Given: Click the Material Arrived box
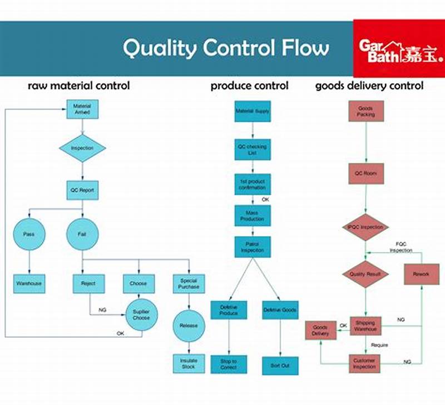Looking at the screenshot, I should coord(82,109).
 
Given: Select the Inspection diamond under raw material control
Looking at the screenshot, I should coord(82,148).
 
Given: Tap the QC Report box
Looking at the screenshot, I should coord(82,190).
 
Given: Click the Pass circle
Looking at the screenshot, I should coord(28,234).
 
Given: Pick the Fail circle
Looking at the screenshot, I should coord(82,234).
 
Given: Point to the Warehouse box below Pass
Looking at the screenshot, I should coord(28,283).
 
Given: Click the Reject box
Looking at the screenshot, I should coord(89,283).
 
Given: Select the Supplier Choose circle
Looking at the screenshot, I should coord(141,315).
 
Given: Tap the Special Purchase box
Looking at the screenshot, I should coord(189,283).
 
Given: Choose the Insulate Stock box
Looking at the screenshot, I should coord(189,363).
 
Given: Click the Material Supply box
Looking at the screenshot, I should coord(253,112).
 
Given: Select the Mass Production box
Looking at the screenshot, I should coord(253,216).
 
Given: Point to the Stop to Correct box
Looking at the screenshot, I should coord(229,364).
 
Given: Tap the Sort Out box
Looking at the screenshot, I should coord(280,365).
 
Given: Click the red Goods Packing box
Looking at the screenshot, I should coord(365,111).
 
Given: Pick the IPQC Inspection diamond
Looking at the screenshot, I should coord(365,227).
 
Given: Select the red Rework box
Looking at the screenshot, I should coord(421,274).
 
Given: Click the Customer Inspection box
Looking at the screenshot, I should coord(365,364).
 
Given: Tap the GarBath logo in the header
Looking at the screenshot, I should coord(399,48).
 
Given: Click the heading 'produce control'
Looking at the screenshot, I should coord(249,86).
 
